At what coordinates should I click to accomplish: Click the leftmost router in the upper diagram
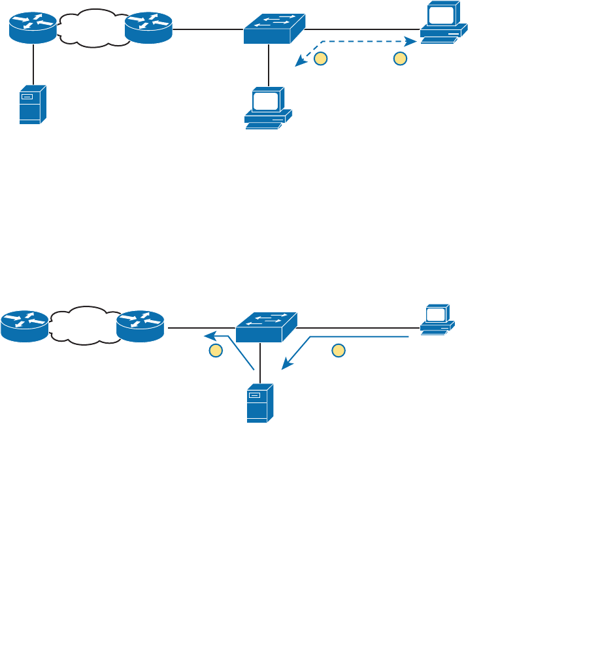pos(33,28)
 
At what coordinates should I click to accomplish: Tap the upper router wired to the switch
pos(148,28)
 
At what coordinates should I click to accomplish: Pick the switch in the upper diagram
pos(274,29)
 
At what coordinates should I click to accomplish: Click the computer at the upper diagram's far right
pos(443,22)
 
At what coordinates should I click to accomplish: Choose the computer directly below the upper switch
pos(268,108)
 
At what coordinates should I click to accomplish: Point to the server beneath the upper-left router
pos(33,105)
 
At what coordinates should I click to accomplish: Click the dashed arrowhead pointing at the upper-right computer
pos(412,41)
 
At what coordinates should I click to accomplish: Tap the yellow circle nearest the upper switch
pos(320,59)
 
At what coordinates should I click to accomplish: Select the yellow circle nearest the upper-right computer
pos(401,59)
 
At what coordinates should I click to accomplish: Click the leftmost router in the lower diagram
pos(24,326)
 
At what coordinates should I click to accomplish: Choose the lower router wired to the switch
pos(140,326)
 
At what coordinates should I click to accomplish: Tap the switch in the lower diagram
pos(266,327)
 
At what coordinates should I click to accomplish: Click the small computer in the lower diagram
pos(437,319)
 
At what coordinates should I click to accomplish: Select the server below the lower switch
pos(259,403)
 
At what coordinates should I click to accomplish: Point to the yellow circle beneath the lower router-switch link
pos(216,350)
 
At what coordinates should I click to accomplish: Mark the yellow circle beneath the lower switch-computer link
pos(338,350)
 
